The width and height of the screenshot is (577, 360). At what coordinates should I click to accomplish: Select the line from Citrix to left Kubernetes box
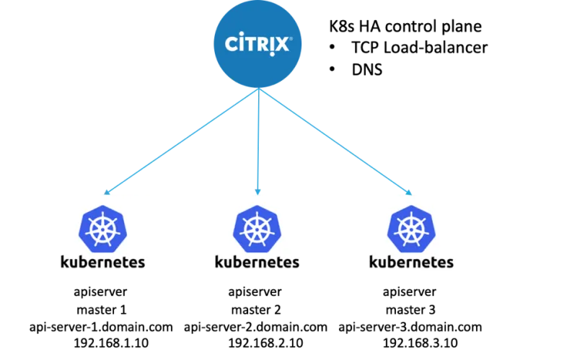pos(180,141)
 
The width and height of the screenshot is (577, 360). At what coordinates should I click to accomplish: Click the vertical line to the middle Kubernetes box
pos(257,141)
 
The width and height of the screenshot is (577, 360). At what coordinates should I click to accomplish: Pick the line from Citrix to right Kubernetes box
pos(335,141)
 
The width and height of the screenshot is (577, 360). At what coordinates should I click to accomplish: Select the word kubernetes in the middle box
pos(257,261)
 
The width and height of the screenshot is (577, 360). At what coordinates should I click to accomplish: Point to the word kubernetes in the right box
pos(410,261)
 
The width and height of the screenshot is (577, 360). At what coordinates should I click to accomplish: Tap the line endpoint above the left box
pos(107,193)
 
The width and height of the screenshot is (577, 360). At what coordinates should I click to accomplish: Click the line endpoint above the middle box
pos(257,193)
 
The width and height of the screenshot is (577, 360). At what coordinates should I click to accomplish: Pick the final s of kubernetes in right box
pos(449,263)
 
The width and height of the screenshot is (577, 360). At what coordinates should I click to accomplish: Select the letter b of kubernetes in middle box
pos(237,261)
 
